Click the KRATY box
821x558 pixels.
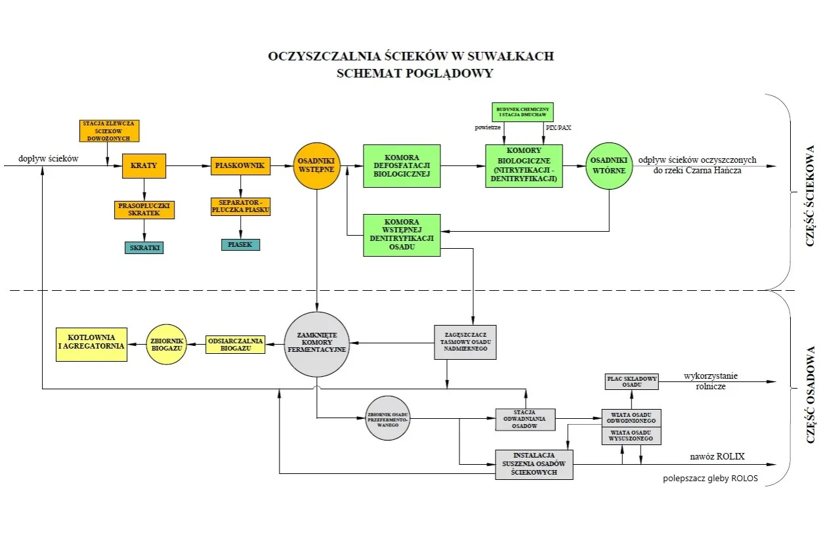click(144, 165)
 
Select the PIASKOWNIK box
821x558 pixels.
click(240, 165)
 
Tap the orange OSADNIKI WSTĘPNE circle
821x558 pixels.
click(316, 165)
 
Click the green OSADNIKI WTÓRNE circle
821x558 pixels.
click(608, 165)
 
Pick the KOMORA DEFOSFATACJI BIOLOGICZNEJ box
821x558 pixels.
click(402, 166)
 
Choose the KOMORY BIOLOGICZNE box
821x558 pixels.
click(524, 165)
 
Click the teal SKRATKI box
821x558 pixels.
click(144, 247)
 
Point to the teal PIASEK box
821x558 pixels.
click(240, 244)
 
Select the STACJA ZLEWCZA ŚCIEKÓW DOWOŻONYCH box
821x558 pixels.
click(110, 131)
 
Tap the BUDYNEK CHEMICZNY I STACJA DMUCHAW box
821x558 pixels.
click(523, 111)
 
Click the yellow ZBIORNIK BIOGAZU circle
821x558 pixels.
click(166, 344)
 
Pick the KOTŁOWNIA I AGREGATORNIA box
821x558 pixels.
click(91, 344)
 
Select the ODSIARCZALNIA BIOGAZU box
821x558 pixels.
click(235, 345)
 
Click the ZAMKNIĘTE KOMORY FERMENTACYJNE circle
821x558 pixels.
click(317, 344)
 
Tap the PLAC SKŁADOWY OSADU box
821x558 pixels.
click(631, 381)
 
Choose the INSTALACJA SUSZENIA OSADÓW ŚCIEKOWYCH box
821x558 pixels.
click(534, 464)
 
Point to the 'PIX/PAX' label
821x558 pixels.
click(558, 127)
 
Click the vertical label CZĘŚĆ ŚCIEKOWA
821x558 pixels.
click(810, 195)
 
